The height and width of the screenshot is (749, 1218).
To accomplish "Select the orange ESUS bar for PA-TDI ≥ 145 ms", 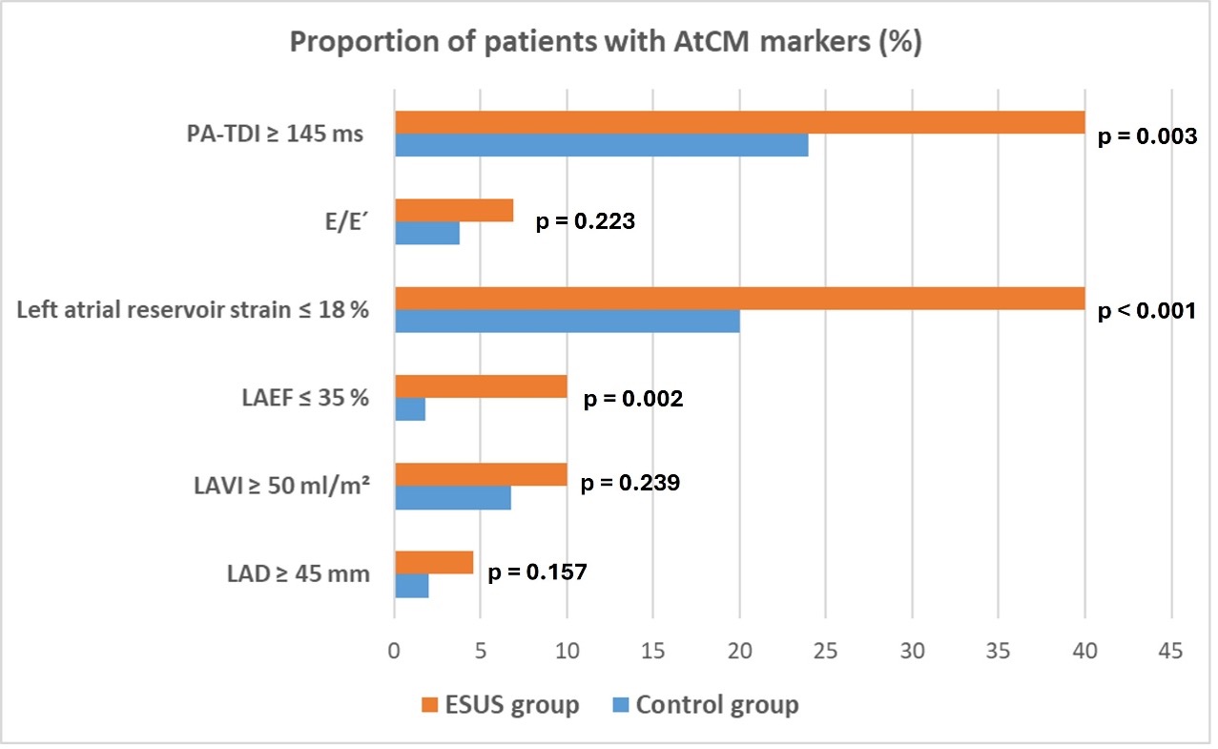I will click(x=739, y=122).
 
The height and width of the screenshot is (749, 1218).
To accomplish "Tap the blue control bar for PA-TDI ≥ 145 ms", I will click(x=601, y=145).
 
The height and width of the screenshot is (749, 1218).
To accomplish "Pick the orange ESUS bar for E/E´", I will click(x=454, y=210).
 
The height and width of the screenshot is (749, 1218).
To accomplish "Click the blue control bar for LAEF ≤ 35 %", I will click(x=410, y=408).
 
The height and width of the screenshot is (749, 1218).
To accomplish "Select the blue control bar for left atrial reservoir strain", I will click(x=567, y=321).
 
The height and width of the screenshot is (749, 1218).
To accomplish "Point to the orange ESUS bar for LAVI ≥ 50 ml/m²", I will click(x=481, y=474).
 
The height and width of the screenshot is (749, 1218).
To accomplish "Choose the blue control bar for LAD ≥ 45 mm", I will click(x=412, y=585).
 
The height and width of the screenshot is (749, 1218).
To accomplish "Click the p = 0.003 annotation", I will click(x=1146, y=136).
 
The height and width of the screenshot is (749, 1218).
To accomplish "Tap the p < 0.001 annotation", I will click(x=1146, y=312).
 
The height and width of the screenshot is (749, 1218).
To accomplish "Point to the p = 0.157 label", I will click(x=537, y=572).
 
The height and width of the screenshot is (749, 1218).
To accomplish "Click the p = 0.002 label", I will click(x=632, y=399).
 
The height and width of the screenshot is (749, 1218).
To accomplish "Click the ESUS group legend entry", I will click(x=500, y=705).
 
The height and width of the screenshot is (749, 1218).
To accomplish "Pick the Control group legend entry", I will click(x=705, y=705).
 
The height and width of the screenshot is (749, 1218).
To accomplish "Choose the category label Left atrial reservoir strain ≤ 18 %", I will click(x=194, y=310).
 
